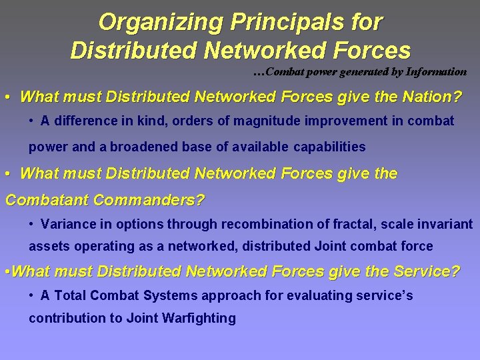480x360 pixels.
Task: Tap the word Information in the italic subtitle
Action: pyautogui.click(x=434, y=71)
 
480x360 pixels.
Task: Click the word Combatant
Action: pyautogui.click(x=47, y=199)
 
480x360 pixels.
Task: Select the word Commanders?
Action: pyautogui.click(x=150, y=199)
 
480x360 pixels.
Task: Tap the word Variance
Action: pyautogui.click(x=63, y=223)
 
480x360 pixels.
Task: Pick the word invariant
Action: pyautogui.click(x=446, y=223)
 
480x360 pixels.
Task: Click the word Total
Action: pyautogui.click(x=69, y=295)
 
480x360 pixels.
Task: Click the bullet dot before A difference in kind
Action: pyautogui.click(x=32, y=121)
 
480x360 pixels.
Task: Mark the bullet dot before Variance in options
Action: pyautogui.click(x=32, y=224)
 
